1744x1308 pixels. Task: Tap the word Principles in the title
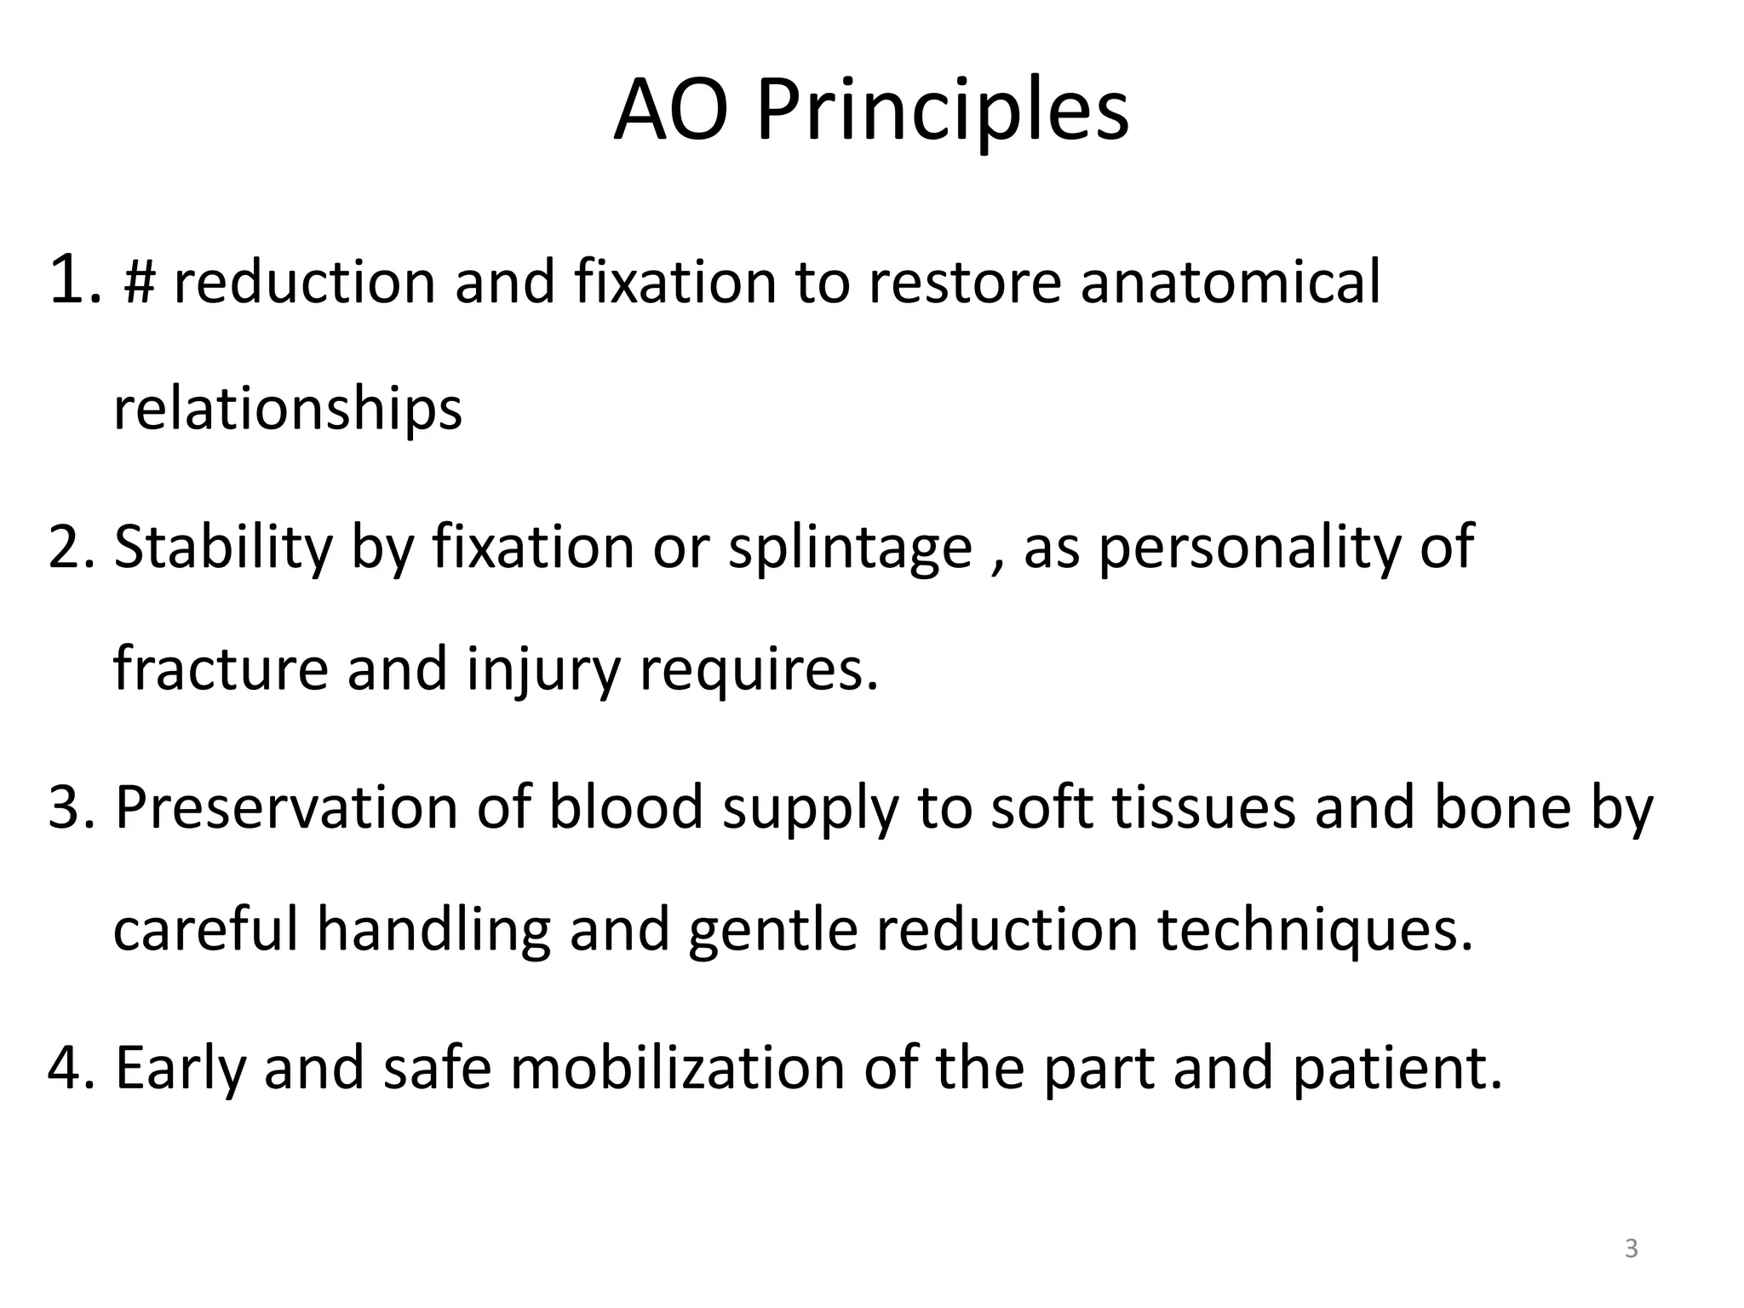tap(943, 112)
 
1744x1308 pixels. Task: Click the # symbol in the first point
tap(139, 282)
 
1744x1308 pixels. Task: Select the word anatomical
tap(1230, 282)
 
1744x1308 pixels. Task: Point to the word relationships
tap(287, 410)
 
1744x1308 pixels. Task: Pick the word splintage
tap(850, 548)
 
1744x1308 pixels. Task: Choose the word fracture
tap(221, 669)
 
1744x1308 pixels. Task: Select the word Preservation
tap(286, 807)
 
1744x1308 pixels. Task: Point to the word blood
tap(625, 807)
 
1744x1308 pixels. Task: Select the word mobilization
tap(677, 1068)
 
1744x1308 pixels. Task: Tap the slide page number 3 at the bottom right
tap(1631, 1249)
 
